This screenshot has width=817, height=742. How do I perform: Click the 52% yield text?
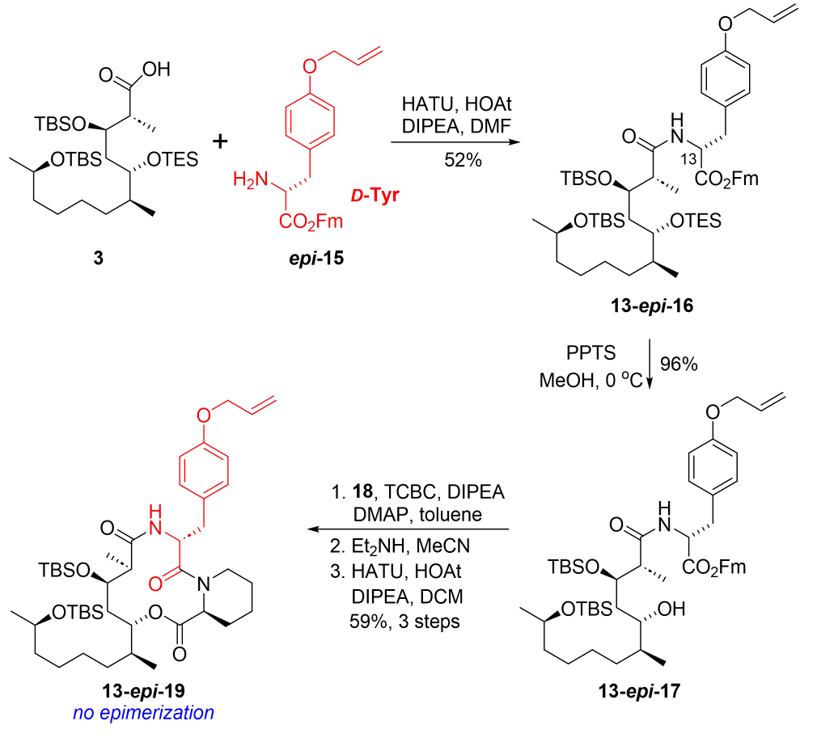tap(463, 161)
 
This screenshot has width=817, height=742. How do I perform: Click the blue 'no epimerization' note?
tap(143, 712)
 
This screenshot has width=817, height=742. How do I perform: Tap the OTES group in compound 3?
tap(171, 159)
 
